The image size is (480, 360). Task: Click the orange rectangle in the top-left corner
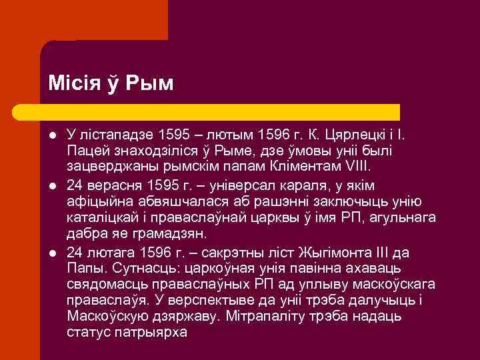tap(83, 20)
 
